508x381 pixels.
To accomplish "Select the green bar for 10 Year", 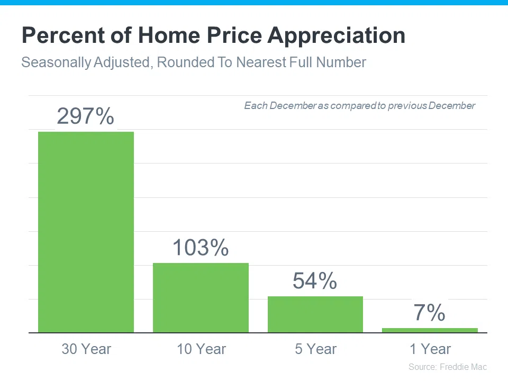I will [x=201, y=297].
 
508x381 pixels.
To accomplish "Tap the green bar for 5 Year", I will [x=315, y=314].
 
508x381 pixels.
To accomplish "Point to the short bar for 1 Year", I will [x=430, y=330].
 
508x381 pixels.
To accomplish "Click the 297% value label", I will [x=86, y=116].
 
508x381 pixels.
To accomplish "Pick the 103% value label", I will [x=201, y=248].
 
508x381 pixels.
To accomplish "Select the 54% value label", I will [x=315, y=281].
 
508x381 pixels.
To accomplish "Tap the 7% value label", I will [x=429, y=313].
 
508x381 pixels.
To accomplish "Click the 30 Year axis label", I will [x=86, y=349].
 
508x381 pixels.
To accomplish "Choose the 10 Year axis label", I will [x=201, y=349].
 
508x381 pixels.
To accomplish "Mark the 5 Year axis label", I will [x=315, y=349].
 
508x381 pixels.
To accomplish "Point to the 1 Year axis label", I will [x=430, y=349].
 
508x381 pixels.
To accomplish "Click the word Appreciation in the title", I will [x=337, y=36].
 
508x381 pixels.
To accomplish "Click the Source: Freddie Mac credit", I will [x=448, y=367].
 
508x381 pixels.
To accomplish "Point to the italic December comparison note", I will [x=360, y=106].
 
